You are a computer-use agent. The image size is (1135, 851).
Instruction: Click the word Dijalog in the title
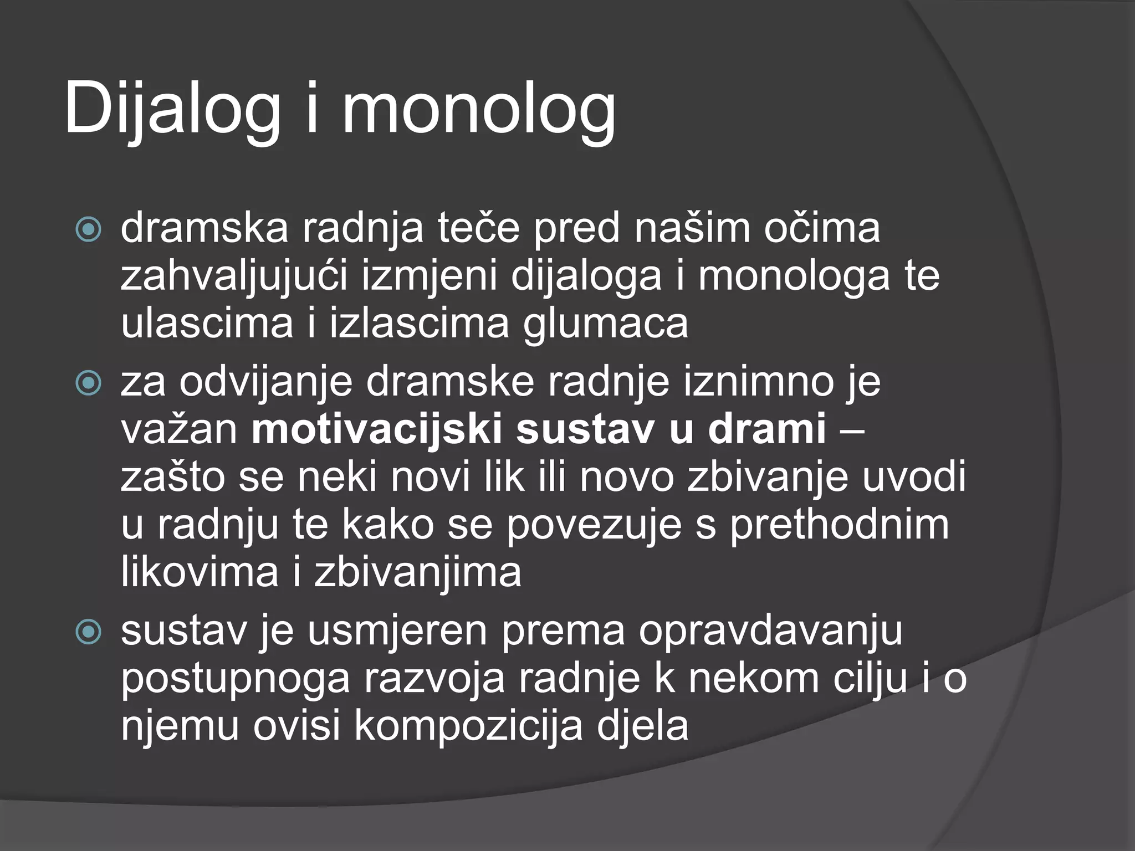(x=172, y=108)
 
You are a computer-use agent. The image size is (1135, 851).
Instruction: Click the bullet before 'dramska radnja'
(x=88, y=230)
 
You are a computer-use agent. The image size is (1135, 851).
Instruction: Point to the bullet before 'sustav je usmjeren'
(x=88, y=632)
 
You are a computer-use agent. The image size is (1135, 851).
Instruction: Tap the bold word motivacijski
(x=376, y=429)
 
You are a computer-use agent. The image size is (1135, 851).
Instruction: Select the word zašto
(x=172, y=478)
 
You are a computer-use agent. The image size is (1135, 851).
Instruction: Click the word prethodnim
(x=839, y=525)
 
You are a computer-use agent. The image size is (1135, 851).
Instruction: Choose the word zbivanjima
(x=418, y=573)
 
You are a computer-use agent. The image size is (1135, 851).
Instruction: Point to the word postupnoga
(x=236, y=679)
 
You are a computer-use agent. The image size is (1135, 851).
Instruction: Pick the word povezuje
(x=594, y=525)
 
